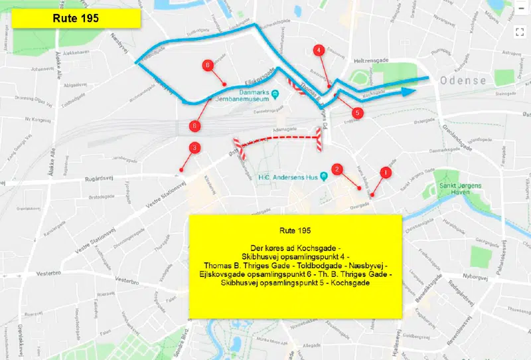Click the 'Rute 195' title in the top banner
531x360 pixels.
(75, 18)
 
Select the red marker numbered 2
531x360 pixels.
(337, 169)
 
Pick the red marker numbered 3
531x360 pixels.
(194, 147)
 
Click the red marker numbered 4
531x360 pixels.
(319, 50)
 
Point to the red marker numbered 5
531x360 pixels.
(357, 113)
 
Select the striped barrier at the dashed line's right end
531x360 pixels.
(319, 140)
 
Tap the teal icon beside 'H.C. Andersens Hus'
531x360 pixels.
(323, 177)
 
